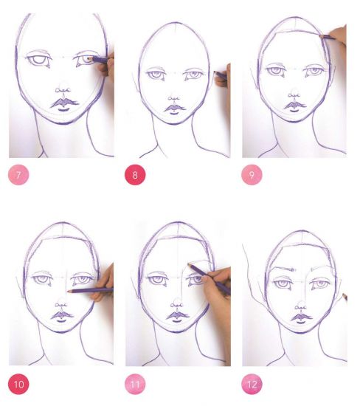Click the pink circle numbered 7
pyautogui.click(x=18, y=175)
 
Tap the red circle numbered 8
pyautogui.click(x=135, y=175)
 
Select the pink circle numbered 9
pyautogui.click(x=252, y=175)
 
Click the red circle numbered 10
pyautogui.click(x=18, y=384)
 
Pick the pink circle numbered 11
pyautogui.click(x=135, y=384)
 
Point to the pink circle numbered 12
pyautogui.click(x=252, y=384)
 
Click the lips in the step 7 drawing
pyautogui.click(x=64, y=104)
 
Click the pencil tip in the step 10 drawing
pyautogui.click(x=69, y=292)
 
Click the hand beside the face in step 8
pyautogui.click(x=223, y=77)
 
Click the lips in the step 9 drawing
pyautogui.click(x=295, y=106)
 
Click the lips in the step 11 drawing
pyautogui.click(x=177, y=317)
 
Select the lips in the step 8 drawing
pyautogui.click(x=175, y=109)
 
